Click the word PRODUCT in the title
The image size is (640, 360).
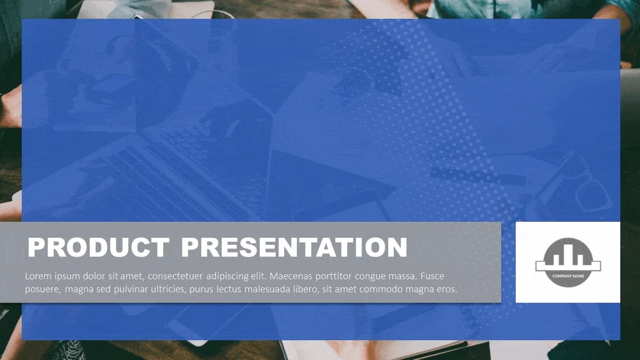point(98,247)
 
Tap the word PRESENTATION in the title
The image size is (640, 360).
point(294,247)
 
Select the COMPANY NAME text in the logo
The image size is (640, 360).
point(568,276)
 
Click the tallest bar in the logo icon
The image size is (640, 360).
point(569,254)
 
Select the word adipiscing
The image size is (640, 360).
point(227,277)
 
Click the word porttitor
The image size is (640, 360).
point(333,277)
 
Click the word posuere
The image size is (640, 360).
point(43,290)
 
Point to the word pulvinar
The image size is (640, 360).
point(131,290)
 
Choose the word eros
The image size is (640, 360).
point(447,290)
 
